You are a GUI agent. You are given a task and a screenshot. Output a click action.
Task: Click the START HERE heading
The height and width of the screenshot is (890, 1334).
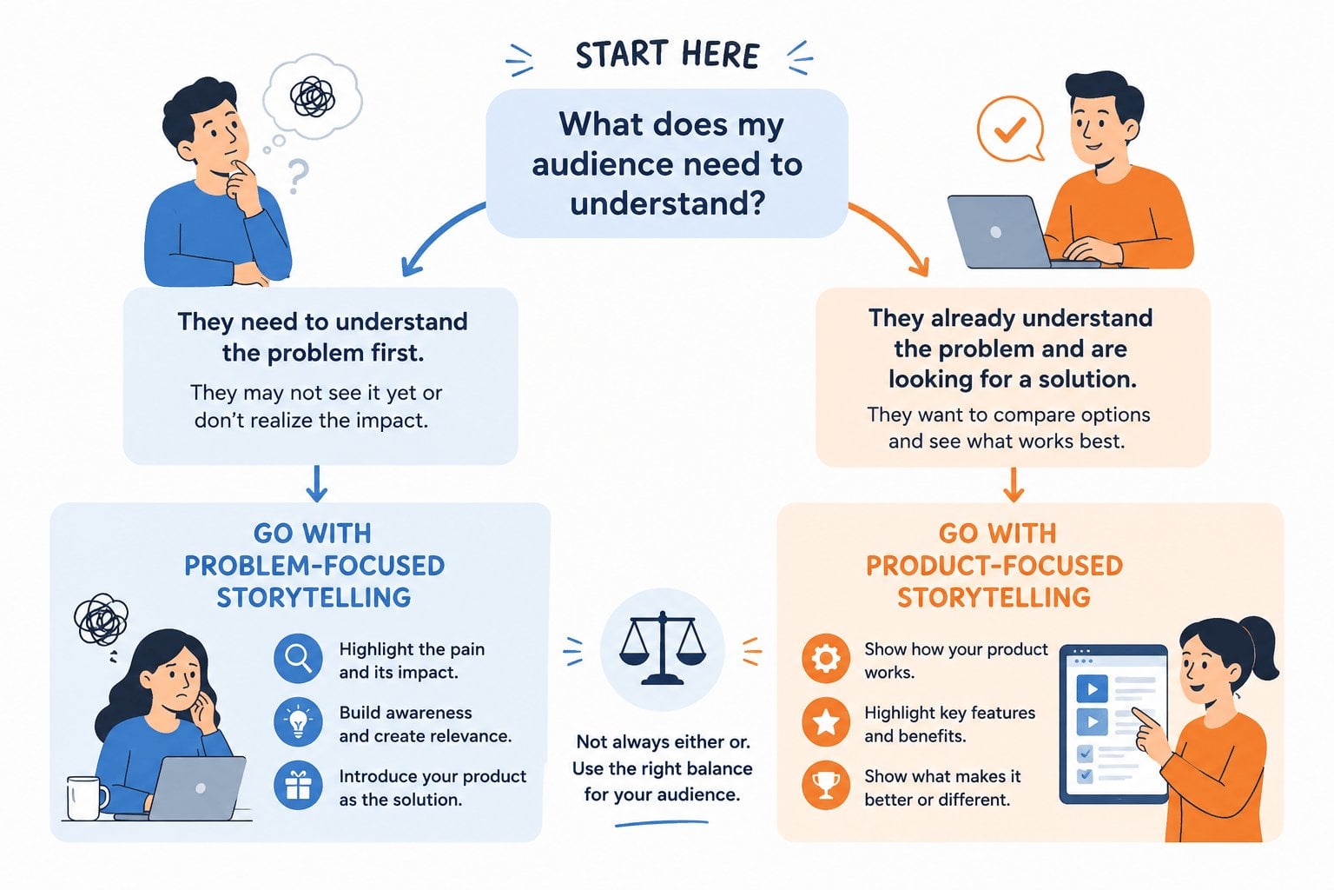click(x=667, y=55)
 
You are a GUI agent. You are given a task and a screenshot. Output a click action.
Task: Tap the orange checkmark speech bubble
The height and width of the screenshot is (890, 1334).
click(x=1010, y=129)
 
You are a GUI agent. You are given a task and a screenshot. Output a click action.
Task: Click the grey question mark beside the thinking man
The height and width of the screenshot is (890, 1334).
click(x=298, y=176)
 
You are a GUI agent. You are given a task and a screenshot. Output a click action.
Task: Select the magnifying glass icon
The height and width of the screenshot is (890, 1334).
click(x=299, y=658)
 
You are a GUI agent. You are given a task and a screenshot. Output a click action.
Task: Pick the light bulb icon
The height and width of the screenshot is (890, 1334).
click(x=299, y=722)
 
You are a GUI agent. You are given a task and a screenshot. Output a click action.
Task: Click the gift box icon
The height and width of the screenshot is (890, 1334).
click(x=299, y=785)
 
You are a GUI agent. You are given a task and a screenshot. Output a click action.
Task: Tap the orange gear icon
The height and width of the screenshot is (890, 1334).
click(x=826, y=658)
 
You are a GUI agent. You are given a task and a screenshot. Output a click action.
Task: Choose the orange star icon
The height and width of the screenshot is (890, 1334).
click(x=826, y=722)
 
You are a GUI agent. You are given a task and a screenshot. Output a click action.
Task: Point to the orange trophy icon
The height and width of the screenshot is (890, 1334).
click(x=826, y=785)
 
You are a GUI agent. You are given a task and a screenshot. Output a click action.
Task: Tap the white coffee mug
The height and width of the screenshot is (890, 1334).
click(x=86, y=798)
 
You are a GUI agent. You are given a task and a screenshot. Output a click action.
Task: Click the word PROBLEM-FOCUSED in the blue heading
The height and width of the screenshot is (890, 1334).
click(x=314, y=566)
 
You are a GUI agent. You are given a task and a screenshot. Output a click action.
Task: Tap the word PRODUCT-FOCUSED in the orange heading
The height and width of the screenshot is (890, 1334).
click(x=994, y=566)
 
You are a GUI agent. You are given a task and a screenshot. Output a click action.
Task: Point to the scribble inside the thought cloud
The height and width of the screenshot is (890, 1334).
click(x=312, y=96)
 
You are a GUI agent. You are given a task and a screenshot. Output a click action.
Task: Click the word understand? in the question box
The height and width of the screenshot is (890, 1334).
click(x=667, y=203)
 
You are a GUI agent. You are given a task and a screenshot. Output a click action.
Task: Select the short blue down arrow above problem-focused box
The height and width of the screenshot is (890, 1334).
click(x=316, y=484)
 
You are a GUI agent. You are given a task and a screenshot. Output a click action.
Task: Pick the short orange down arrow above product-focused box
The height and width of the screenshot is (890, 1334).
click(x=1013, y=485)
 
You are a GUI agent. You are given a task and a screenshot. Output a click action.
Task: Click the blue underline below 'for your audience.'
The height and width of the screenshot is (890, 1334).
click(x=662, y=824)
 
